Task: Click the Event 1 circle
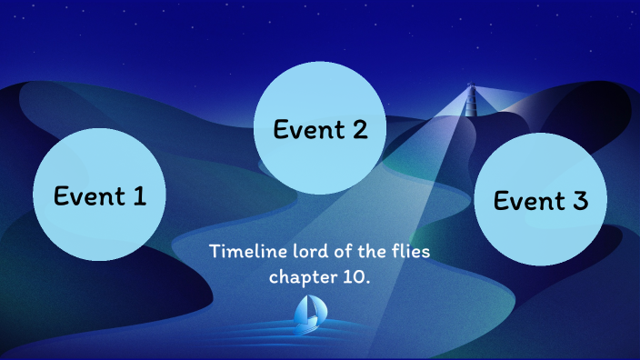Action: click(x=99, y=194)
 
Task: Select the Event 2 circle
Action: click(x=320, y=129)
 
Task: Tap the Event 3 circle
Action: click(x=540, y=200)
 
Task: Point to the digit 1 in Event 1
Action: click(x=138, y=195)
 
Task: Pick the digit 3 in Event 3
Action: click(x=579, y=200)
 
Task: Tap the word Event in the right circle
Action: click(x=527, y=200)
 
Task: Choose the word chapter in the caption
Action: click(x=302, y=275)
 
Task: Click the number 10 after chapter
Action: click(x=355, y=275)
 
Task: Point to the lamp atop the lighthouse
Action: click(x=471, y=87)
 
